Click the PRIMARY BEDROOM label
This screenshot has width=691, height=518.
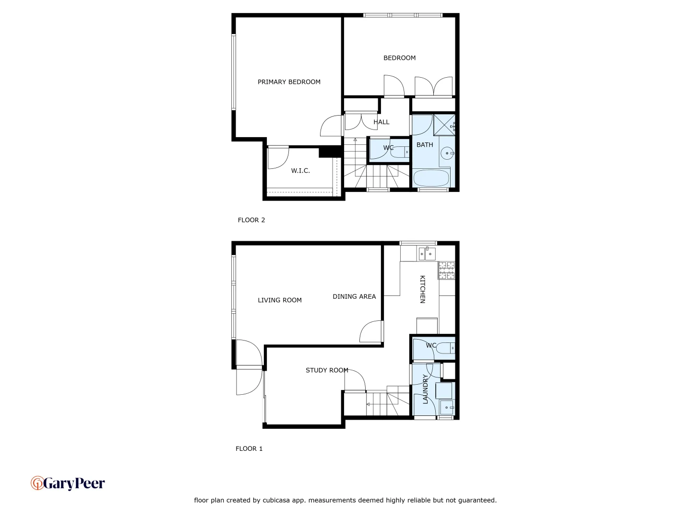[x=289, y=82]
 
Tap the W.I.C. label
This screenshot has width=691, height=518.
[x=300, y=171]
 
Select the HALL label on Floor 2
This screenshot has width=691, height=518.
[x=381, y=122]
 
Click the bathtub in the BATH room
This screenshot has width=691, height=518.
[x=431, y=178]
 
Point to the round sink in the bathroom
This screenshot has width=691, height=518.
[x=447, y=153]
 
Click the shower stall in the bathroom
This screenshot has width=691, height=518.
[x=444, y=125]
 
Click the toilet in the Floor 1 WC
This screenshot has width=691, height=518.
[x=446, y=348]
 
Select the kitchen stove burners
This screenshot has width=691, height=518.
[x=446, y=271]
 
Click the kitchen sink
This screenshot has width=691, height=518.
[x=427, y=253]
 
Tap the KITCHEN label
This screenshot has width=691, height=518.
[x=423, y=289]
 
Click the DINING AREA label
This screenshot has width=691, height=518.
[x=354, y=297]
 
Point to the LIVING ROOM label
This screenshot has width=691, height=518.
[x=280, y=300]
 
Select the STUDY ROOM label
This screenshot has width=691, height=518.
[x=327, y=370]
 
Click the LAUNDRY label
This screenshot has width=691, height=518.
[x=425, y=389]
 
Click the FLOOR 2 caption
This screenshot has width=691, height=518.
[x=251, y=220]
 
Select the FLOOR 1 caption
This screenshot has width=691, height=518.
[x=249, y=449]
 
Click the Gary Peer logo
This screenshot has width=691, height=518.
[x=68, y=483]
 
